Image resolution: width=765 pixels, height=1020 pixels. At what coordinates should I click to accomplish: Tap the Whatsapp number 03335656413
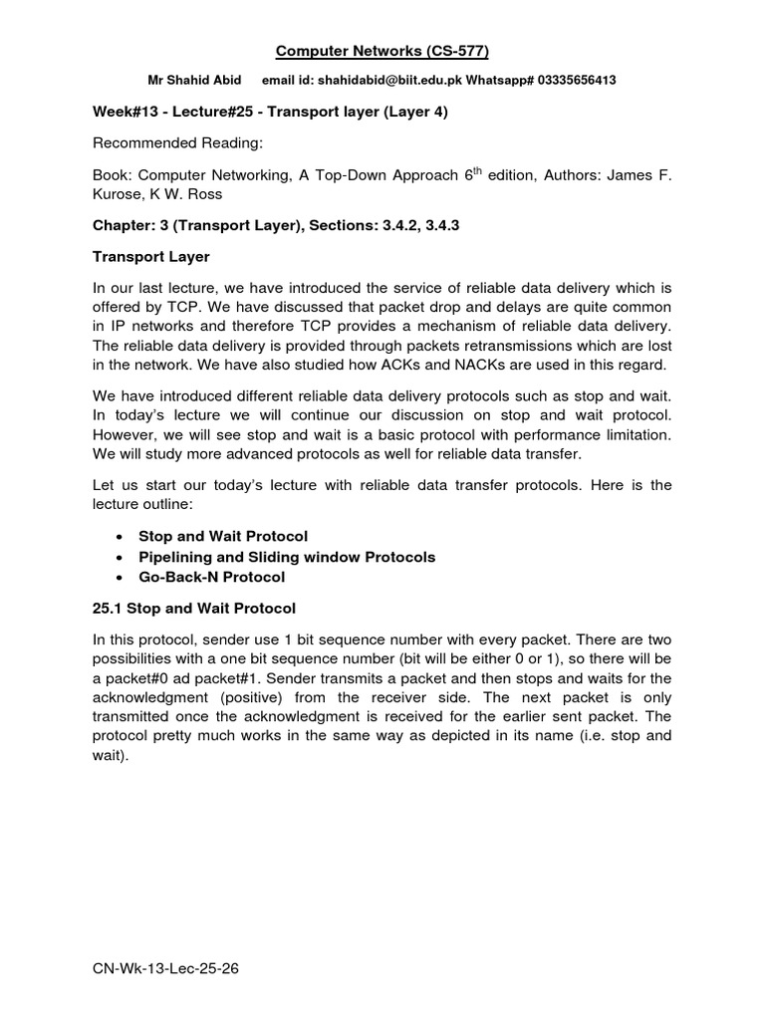(571, 81)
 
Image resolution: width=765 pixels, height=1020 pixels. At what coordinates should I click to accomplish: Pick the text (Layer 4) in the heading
(409, 112)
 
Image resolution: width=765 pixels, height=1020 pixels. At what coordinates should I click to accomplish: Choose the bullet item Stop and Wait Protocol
(223, 536)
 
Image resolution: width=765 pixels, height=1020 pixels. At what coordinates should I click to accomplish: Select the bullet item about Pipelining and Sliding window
(287, 557)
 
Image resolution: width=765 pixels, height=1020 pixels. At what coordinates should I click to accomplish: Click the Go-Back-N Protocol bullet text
(211, 577)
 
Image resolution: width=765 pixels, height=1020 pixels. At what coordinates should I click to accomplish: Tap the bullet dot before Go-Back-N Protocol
(120, 578)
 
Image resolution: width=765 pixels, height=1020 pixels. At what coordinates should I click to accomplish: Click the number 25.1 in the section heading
(111, 608)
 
